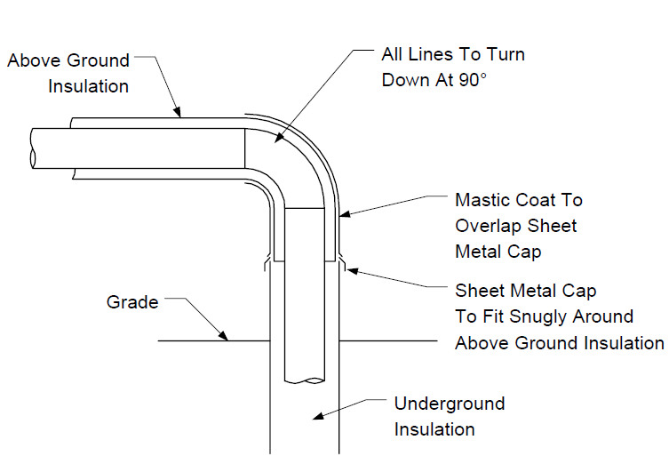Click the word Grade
132,302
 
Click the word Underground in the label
450,404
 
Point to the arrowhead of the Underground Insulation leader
318,416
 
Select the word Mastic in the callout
482,200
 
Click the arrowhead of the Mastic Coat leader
345,213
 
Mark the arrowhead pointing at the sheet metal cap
352,270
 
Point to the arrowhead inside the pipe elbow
278,138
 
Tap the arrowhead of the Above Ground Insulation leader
177,112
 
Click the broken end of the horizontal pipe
32,148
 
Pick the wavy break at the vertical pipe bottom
305,380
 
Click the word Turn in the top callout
506,54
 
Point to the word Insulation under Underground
434,429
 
